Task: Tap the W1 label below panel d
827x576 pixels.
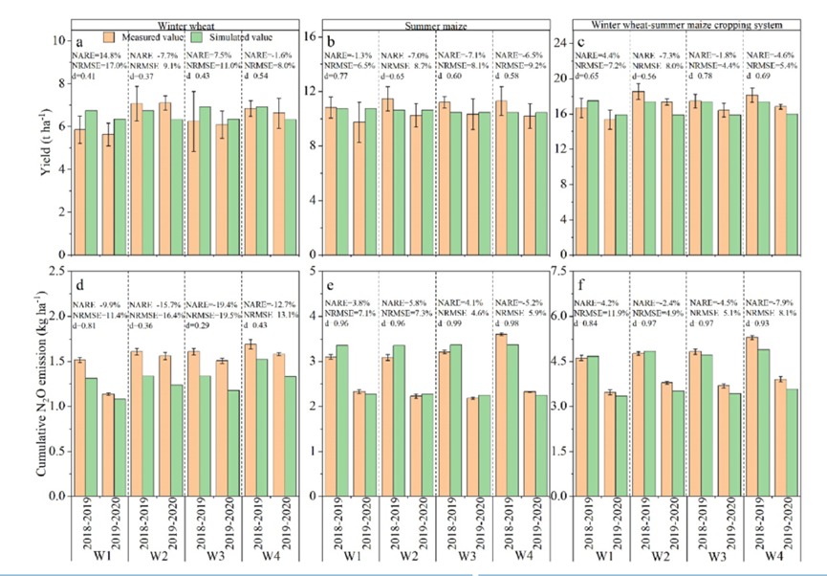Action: click(x=99, y=558)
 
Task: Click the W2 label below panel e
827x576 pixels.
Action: click(x=409, y=557)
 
